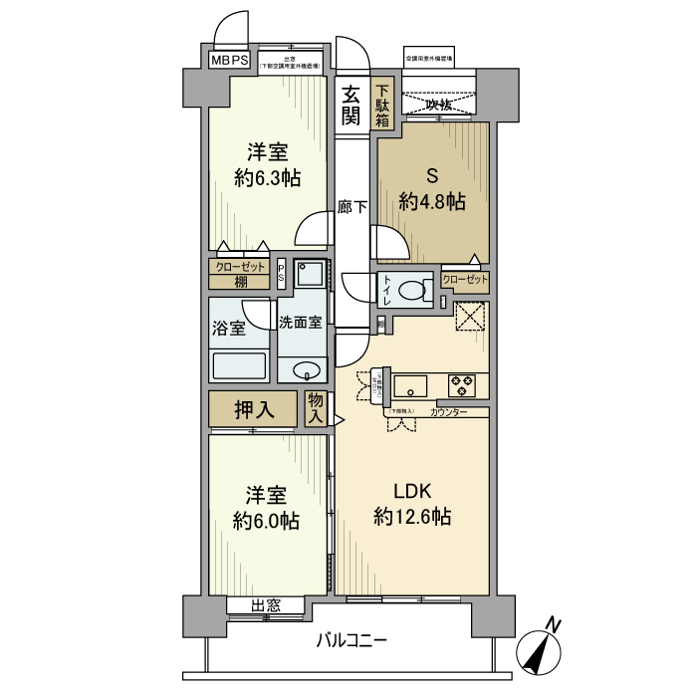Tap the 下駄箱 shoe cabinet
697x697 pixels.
click(383, 105)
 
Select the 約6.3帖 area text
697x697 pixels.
click(268, 178)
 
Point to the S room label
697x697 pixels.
click(432, 176)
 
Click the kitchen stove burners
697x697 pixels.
click(462, 383)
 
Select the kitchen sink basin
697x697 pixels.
click(409, 384)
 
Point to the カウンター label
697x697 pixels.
click(450, 411)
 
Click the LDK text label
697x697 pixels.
click(412, 492)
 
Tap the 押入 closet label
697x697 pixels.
click(253, 408)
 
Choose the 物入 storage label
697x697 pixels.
click(317, 409)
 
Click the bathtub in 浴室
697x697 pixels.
click(239, 365)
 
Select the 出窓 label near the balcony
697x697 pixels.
click(264, 605)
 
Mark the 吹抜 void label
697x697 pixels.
click(438, 104)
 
